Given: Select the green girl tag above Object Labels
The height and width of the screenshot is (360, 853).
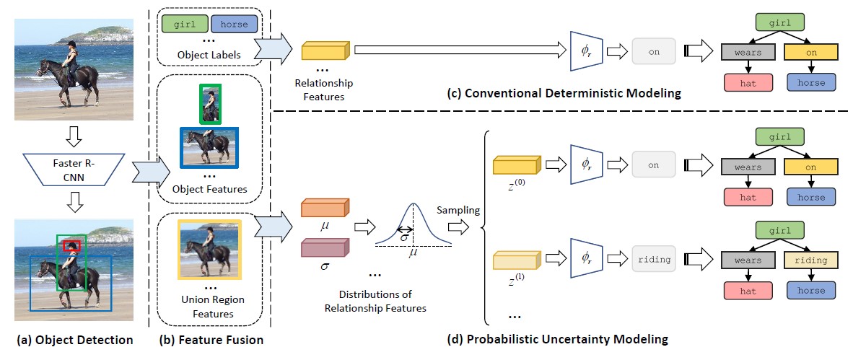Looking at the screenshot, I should (184, 24).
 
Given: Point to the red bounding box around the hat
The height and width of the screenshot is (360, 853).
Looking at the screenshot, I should (71, 246).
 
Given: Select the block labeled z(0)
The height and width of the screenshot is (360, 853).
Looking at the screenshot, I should (515, 165).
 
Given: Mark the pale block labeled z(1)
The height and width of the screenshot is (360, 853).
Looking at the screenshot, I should (515, 258).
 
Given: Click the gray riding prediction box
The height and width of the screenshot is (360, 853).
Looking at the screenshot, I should (653, 258).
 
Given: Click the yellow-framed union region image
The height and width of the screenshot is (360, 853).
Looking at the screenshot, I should (209, 249).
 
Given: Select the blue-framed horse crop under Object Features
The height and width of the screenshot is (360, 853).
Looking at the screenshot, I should (209, 148).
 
